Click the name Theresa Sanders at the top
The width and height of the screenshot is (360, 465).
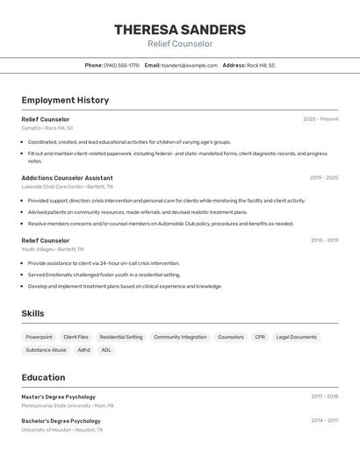click(179, 30)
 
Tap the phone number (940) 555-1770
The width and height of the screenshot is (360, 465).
click(121, 65)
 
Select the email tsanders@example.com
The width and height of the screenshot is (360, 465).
click(189, 65)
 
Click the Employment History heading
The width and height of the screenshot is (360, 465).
click(65, 100)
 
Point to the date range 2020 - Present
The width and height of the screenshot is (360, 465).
click(320, 118)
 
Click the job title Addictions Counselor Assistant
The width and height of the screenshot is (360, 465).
click(67, 177)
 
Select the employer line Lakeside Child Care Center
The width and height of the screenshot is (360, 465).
click(67, 187)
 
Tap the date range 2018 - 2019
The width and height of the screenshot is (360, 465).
click(324, 240)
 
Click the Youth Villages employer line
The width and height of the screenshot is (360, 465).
click(53, 249)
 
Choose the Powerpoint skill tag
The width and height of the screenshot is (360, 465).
click(39, 337)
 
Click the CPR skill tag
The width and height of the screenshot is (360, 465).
click(260, 337)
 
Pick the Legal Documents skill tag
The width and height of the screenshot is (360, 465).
click(296, 337)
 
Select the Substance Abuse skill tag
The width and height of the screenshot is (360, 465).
click(46, 350)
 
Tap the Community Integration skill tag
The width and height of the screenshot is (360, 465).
click(180, 337)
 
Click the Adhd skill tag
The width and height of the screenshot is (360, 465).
click(83, 350)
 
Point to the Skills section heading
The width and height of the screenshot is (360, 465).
click(32, 313)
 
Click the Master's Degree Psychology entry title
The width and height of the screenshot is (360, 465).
click(58, 397)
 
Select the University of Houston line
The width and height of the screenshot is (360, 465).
click(61, 430)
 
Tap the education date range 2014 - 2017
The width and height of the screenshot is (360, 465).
click(324, 420)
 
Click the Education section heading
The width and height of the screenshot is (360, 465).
click(43, 377)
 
